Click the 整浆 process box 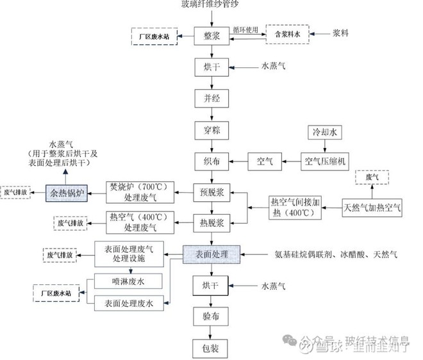tap(211, 35)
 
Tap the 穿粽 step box tap(211, 130)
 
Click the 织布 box tap(211, 161)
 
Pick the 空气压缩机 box tap(324, 161)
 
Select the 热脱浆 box tap(211, 222)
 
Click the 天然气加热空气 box tap(372, 206)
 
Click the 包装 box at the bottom tap(211, 348)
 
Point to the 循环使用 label tap(245, 29)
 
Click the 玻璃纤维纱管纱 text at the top tap(211, 6)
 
